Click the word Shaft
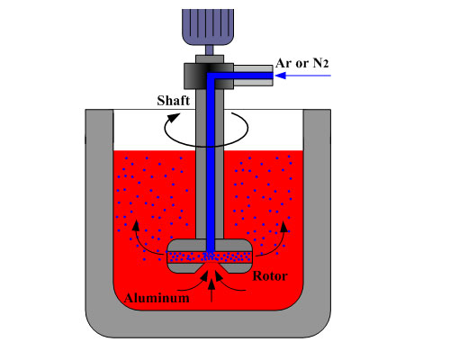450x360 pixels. [x=174, y=101]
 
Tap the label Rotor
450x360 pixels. [x=270, y=276]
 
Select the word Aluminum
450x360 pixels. [x=157, y=298]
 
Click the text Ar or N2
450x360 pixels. [x=302, y=63]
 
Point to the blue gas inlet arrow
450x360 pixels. [x=302, y=76]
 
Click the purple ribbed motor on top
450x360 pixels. [x=208, y=27]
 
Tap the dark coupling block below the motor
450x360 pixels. [x=209, y=76]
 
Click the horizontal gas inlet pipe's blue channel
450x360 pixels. [x=240, y=76]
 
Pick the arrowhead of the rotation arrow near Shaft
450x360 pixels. [x=174, y=117]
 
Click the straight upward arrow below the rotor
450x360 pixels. [x=211, y=290]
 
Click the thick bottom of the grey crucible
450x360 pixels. [x=208, y=324]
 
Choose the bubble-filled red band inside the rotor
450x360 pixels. [x=209, y=256]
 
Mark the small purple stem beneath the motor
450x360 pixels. [x=209, y=49]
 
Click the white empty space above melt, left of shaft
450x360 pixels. [x=155, y=130]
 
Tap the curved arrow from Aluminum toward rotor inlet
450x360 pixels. [x=193, y=282]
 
